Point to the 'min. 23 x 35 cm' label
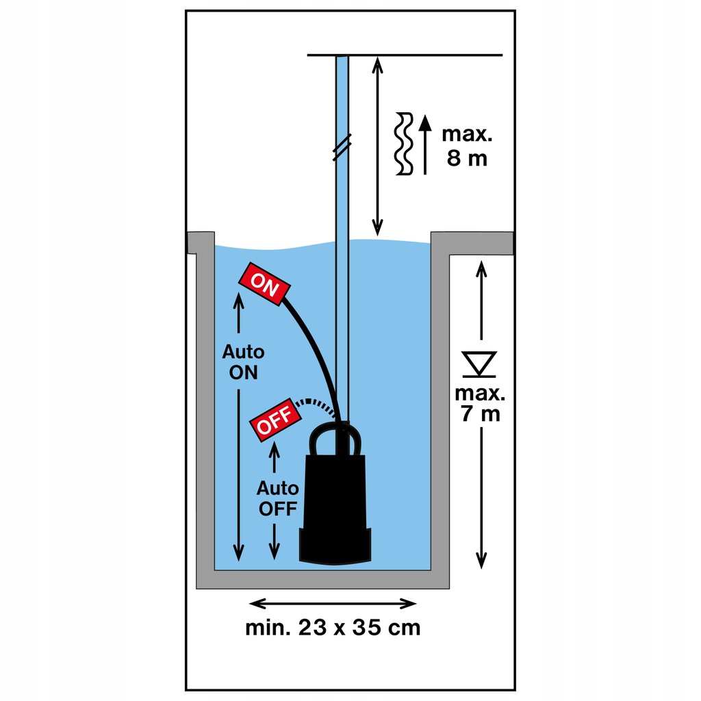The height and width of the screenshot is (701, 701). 333,628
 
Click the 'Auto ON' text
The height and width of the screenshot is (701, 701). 242,362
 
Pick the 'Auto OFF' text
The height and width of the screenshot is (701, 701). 277,498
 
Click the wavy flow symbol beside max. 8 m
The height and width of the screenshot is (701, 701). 405,144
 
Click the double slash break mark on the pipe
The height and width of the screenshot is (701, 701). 342,146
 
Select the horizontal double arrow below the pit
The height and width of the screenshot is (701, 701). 333,603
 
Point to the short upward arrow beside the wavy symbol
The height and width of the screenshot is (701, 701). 426,144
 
